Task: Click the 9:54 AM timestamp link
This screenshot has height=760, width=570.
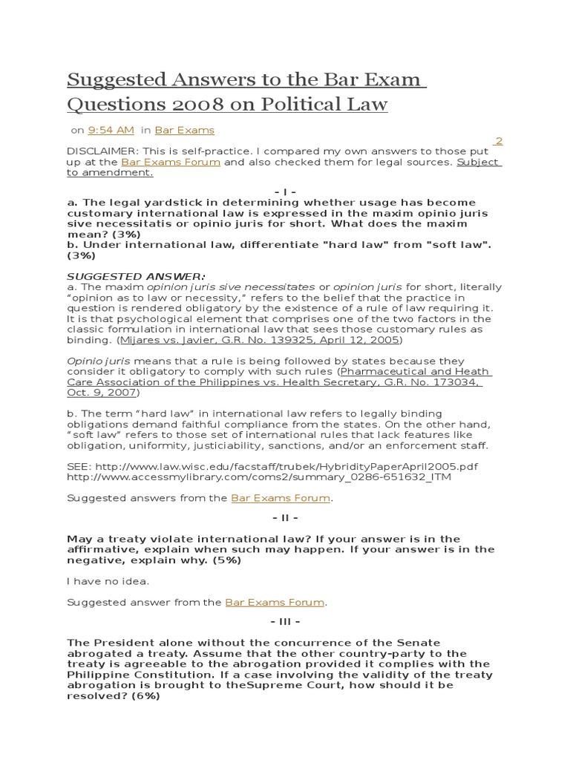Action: tap(111, 130)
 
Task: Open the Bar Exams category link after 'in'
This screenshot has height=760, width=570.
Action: tap(184, 130)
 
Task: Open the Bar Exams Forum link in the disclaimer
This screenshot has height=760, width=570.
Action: tap(171, 162)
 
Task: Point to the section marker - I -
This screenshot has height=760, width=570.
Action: tap(284, 191)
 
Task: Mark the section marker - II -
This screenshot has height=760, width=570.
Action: tap(284, 518)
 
